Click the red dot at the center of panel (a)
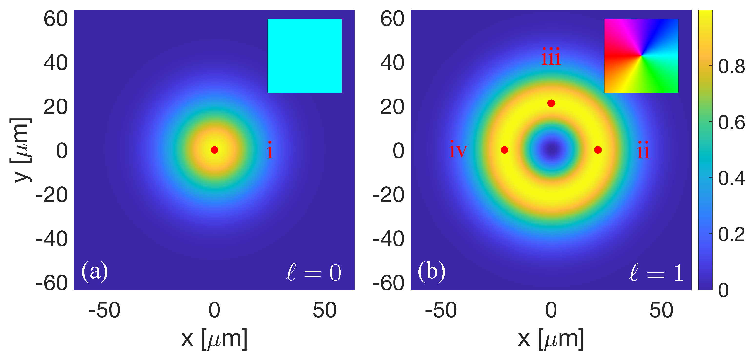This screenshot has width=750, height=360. click(x=214, y=150)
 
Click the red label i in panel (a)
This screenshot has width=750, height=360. click(x=270, y=150)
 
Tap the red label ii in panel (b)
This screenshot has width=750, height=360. click(x=643, y=150)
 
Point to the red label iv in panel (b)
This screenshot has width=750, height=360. click(x=458, y=150)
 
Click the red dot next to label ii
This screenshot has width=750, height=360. click(x=598, y=150)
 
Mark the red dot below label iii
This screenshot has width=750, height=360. click(x=551, y=103)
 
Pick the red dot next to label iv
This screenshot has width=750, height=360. click(x=504, y=150)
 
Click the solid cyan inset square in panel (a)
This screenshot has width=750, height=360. click(x=305, y=56)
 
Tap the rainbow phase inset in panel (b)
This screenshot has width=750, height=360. click(x=641, y=56)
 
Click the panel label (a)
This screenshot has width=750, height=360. click(x=95, y=271)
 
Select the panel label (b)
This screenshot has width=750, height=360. click(x=432, y=271)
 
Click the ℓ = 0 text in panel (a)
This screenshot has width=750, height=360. click(x=314, y=273)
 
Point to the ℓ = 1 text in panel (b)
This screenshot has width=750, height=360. click(x=656, y=273)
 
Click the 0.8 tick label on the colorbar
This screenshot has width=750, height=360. click(x=731, y=67)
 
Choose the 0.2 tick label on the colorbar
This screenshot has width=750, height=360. click(x=731, y=234)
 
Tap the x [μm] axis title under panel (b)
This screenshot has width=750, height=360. click(x=551, y=339)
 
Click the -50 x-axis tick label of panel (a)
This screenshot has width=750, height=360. click(x=104, y=310)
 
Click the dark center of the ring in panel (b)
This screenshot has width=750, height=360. click(x=551, y=150)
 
